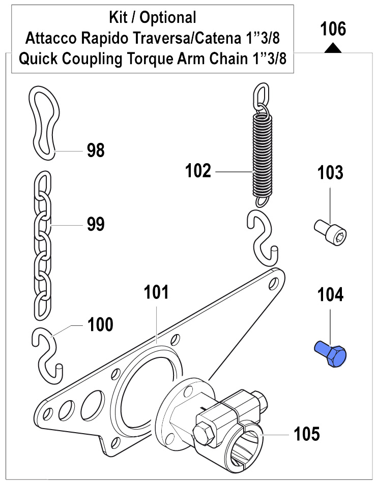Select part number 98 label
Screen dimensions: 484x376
(96, 150)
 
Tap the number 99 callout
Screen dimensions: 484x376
(96, 224)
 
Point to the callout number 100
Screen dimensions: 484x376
(101, 324)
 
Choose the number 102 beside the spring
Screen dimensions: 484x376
(198, 171)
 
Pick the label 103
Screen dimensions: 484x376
(331, 173)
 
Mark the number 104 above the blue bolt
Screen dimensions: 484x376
(331, 295)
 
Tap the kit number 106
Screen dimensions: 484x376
(333, 29)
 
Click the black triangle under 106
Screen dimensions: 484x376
(333, 48)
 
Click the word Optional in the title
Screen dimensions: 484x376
(168, 17)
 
